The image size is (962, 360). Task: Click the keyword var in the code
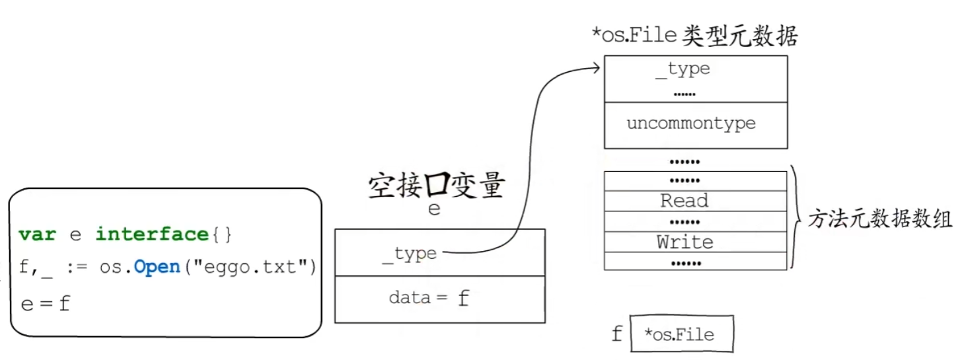click(x=37, y=234)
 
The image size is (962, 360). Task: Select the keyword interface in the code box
click(x=151, y=234)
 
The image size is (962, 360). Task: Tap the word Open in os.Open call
click(x=157, y=268)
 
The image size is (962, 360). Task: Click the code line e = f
click(x=46, y=303)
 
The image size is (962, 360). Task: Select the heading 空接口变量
click(x=436, y=187)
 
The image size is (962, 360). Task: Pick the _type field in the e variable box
click(x=410, y=254)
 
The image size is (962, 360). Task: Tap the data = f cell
click(x=429, y=299)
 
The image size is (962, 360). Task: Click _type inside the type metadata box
click(x=683, y=69)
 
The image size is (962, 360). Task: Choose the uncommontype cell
click(x=690, y=124)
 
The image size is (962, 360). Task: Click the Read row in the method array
click(x=684, y=201)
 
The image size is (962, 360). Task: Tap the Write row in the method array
click(x=685, y=242)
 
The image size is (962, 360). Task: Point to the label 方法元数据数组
click(x=880, y=220)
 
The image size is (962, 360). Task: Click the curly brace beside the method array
click(x=797, y=218)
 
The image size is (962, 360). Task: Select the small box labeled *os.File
click(x=682, y=334)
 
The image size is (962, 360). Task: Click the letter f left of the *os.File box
click(x=616, y=334)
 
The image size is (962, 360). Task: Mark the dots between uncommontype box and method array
click(x=684, y=161)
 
